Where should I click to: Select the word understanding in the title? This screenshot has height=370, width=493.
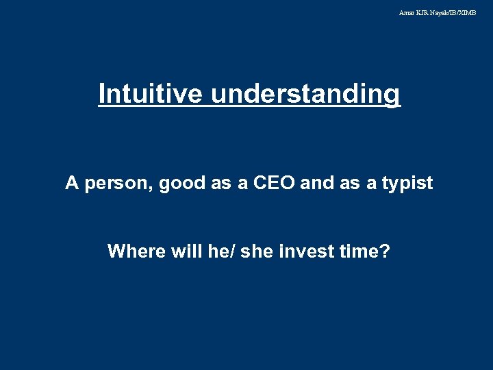coord(305,94)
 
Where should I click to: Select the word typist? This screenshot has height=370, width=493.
coord(409,184)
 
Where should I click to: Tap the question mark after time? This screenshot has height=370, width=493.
coord(385,251)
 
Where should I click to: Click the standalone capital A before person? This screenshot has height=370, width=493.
coord(71,184)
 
